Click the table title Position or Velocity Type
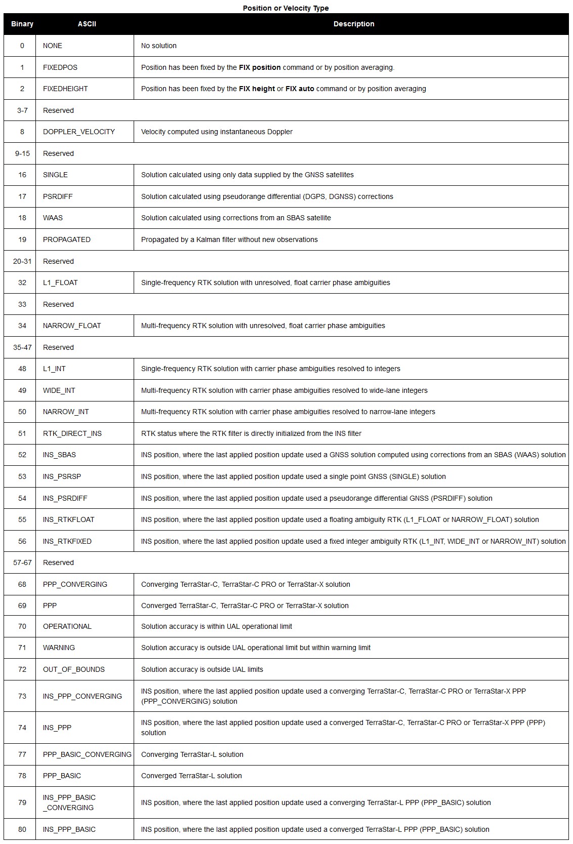tap(285, 8)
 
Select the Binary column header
tap(22, 24)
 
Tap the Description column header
tap(353, 24)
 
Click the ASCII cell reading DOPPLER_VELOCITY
tap(79, 132)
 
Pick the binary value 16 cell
tap(22, 175)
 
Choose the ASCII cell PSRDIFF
tap(58, 196)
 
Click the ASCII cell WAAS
tap(53, 218)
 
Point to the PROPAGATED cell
tap(67, 239)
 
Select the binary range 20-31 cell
tap(22, 261)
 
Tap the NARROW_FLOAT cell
tap(72, 326)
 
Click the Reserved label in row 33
tap(58, 304)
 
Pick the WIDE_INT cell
tap(59, 390)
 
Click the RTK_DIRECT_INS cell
tap(72, 433)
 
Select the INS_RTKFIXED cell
tap(67, 541)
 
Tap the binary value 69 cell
tap(22, 606)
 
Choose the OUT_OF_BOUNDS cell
tap(74, 669)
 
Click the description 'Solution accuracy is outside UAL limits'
tap(202, 669)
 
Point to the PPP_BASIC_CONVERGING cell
tap(87, 754)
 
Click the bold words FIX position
tap(260, 67)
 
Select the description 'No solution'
tap(159, 46)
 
